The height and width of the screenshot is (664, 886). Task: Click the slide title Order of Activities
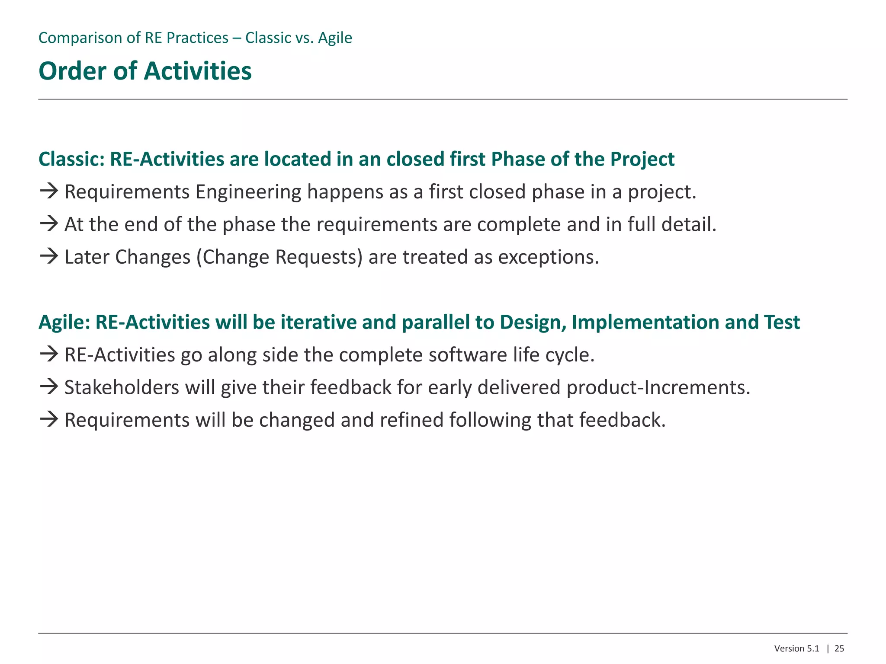pos(145,71)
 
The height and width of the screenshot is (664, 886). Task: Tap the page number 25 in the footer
pos(839,648)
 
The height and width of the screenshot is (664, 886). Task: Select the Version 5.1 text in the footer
pos(796,648)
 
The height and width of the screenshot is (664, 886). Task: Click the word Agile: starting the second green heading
pos(64,322)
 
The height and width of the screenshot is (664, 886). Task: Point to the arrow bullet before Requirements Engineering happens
pos(49,191)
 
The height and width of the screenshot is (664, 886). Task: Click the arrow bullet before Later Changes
pos(49,256)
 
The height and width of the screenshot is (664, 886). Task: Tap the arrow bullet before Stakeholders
pos(49,386)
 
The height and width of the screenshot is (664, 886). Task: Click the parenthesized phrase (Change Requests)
pos(279,257)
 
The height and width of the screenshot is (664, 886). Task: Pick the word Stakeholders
pos(122,387)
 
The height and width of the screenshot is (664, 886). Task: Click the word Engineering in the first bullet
pos(248,192)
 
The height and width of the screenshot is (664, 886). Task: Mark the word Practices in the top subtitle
pos(197,38)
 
